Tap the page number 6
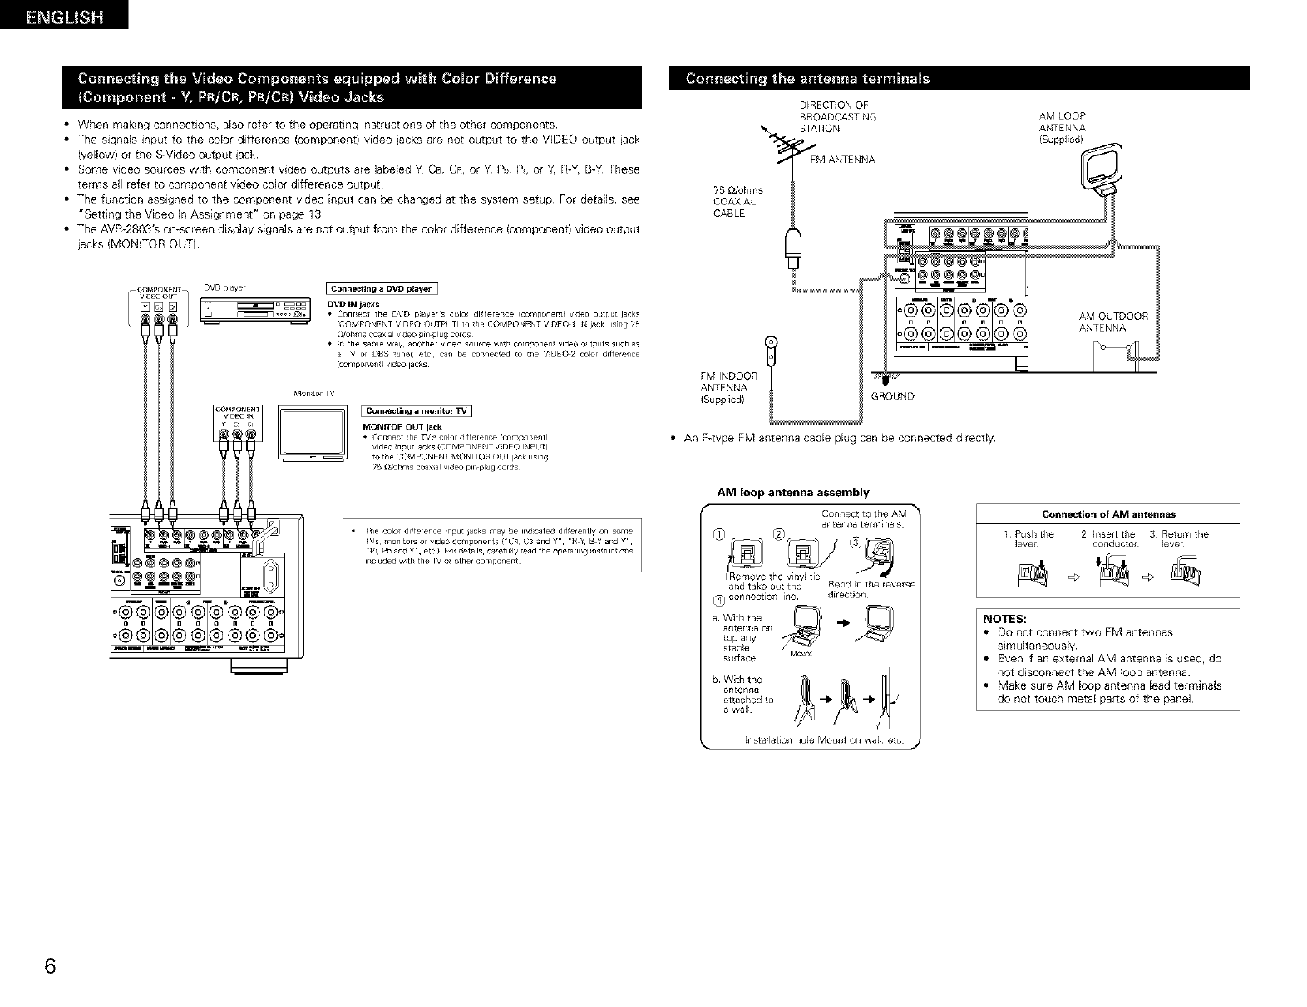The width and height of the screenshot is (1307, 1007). tap(51, 967)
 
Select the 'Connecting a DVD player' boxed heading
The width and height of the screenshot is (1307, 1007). tap(382, 289)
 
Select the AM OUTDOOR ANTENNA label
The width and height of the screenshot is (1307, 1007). tap(1112, 322)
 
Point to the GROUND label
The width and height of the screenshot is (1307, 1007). tap(892, 396)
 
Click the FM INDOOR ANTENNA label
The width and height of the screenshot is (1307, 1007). tap(729, 387)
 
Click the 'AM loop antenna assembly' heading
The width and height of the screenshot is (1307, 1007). tap(792, 492)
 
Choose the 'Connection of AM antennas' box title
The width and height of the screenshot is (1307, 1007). tap(1108, 513)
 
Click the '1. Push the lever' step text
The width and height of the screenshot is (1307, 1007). tap(1034, 538)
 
